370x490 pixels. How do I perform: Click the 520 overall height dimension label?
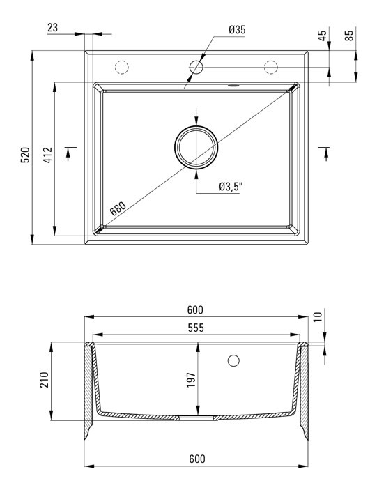[x=24, y=155]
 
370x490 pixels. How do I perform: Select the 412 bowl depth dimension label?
[x=48, y=155]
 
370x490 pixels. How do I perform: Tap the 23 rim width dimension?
[x=53, y=27]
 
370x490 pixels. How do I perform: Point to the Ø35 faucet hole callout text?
[x=237, y=30]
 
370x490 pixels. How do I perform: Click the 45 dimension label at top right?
[x=322, y=36]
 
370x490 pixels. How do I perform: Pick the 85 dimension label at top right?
[x=349, y=35]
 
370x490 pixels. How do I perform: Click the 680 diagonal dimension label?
[x=118, y=208]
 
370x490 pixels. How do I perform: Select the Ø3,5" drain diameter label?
[x=231, y=187]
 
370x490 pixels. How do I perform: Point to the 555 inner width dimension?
[x=196, y=328]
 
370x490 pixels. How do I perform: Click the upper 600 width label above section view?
[x=195, y=309]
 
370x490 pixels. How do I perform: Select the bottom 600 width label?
[x=197, y=459]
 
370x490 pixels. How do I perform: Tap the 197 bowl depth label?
[x=191, y=380]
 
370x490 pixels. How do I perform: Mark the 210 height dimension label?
[x=44, y=380]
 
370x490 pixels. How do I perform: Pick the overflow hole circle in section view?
[x=233, y=360]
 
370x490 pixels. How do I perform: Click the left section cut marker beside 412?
[x=70, y=153]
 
